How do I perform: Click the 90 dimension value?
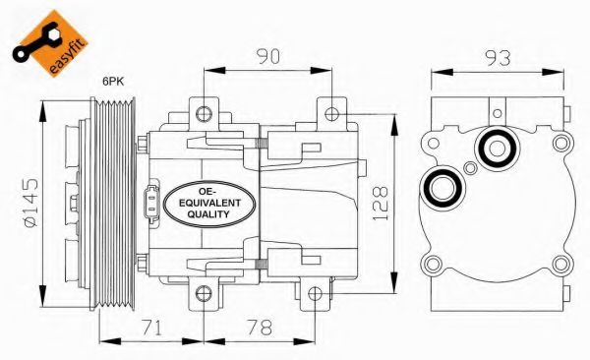tap(267, 56)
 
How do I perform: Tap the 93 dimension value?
tap(498, 58)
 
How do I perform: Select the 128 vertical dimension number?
tap(380, 203)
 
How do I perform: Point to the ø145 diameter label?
tap(30, 203)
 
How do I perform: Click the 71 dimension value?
tap(151, 328)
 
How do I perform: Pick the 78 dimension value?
tap(260, 328)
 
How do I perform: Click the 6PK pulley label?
tap(114, 82)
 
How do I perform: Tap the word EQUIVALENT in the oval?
tap(209, 203)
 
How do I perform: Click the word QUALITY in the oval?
tap(208, 214)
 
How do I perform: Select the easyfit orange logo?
tap(50, 42)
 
